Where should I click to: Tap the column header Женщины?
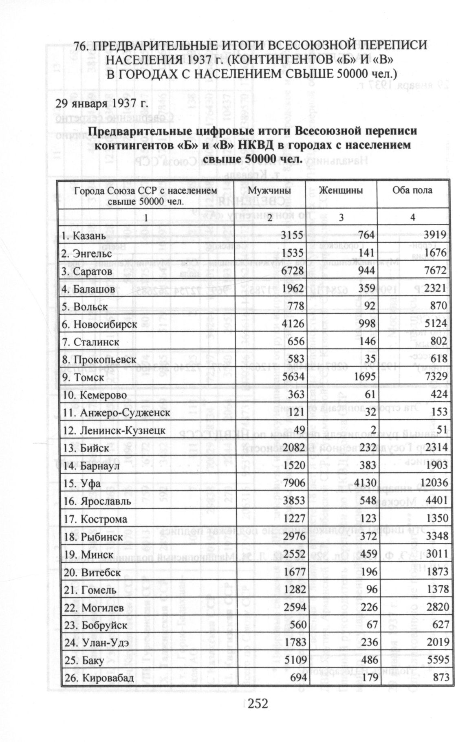click(341, 190)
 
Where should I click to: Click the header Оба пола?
click(412, 190)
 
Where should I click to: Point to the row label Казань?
click(89, 236)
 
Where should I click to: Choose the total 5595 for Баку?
click(437, 660)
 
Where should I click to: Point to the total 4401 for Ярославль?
click(437, 501)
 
